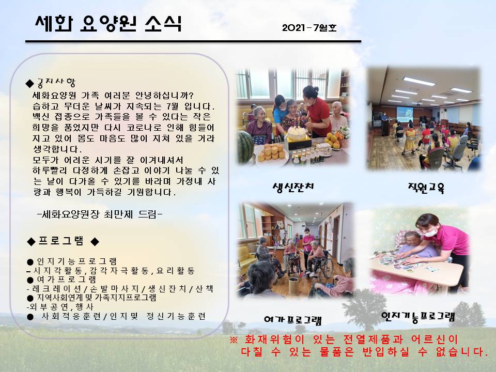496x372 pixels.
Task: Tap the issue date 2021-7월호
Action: tap(309, 28)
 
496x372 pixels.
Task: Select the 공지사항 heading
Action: tap(56, 83)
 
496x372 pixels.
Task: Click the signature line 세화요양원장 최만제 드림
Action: tap(100, 214)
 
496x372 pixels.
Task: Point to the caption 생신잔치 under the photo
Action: tap(293, 187)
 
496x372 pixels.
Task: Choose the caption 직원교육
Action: tap(426, 188)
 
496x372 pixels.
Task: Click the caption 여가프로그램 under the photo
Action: tap(293, 320)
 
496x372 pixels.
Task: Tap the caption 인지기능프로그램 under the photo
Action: tap(418, 316)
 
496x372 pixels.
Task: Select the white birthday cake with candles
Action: tap(297, 133)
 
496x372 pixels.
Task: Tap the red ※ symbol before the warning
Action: tap(234, 340)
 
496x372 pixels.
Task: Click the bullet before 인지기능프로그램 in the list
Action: tap(30, 262)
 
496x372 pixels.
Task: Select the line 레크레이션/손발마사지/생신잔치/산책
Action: tap(120, 289)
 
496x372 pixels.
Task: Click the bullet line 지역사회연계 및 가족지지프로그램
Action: tap(92, 298)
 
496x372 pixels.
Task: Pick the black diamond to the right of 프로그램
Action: tap(95, 242)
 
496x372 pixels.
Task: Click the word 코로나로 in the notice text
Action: tap(144, 128)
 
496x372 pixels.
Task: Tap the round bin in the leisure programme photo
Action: tap(294, 286)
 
